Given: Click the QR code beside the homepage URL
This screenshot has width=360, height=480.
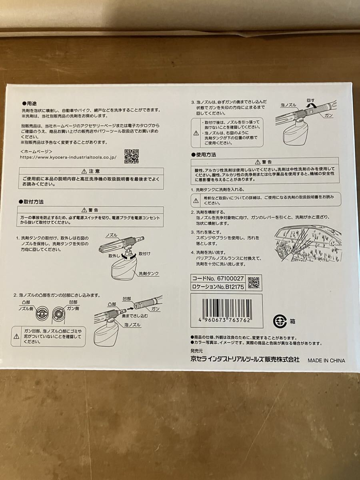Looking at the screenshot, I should [x=131, y=156].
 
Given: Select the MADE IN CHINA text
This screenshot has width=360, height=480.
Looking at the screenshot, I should [x=326, y=360].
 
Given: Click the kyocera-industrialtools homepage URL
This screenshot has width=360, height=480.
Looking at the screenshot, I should [x=68, y=157].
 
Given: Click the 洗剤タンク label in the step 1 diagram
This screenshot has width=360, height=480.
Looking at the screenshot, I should [x=148, y=274].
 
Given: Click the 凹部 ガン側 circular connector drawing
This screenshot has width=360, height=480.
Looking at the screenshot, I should [x=58, y=314].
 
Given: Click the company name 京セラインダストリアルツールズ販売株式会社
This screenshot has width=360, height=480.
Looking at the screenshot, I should [x=245, y=359].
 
